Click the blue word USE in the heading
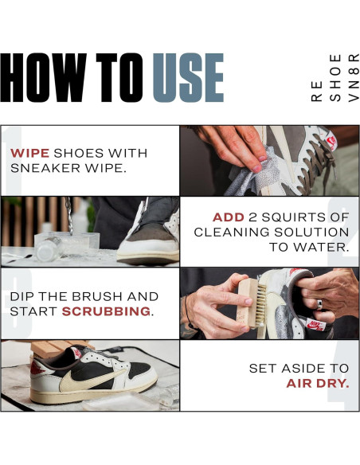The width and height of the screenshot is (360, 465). (x=188, y=78)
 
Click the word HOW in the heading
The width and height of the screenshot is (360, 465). (x=44, y=78)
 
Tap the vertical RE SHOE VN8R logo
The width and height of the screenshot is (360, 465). (x=335, y=78)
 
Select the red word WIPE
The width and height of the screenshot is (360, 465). (x=30, y=154)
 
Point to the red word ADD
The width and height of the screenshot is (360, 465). (x=229, y=217)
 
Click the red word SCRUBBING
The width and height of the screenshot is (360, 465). (x=106, y=311)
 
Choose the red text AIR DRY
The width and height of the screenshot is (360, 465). (x=318, y=384)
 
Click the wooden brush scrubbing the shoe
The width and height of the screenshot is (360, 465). (x=252, y=303)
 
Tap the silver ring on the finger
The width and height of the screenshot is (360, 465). (x=319, y=305)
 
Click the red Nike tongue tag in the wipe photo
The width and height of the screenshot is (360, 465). (x=331, y=142)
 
